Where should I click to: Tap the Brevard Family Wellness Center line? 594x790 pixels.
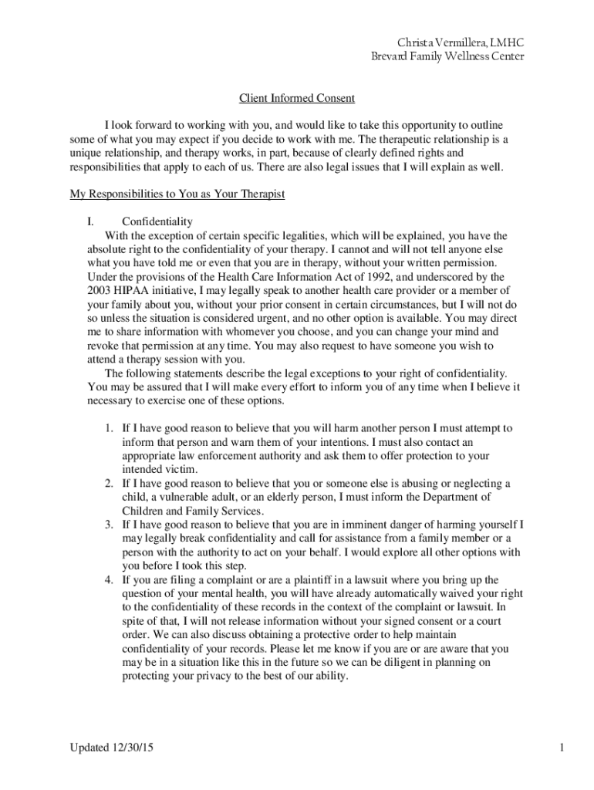447,56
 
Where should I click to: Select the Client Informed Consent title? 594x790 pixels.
296,98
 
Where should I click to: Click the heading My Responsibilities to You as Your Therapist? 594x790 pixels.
177,194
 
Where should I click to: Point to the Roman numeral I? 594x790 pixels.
90,222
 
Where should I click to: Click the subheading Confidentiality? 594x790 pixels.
157,222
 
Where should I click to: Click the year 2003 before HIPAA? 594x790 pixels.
102,290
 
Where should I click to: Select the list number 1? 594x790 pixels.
109,427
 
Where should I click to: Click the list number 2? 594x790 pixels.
109,483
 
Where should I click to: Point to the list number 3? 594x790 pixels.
109,525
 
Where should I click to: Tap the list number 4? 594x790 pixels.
109,579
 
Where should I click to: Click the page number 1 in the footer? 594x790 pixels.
564,748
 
